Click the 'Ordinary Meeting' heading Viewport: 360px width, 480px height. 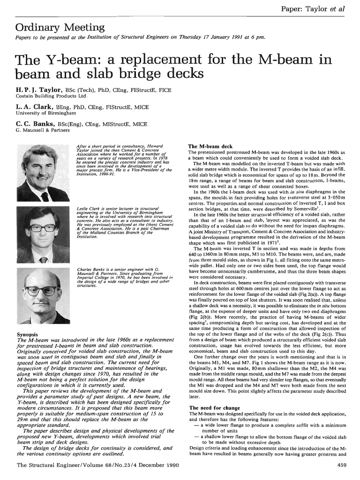pyautogui.click(x=60, y=28)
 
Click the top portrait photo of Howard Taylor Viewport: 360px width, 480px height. pyautogui.click(x=44, y=172)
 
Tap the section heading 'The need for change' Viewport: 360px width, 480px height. pyautogui.click(x=214, y=408)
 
